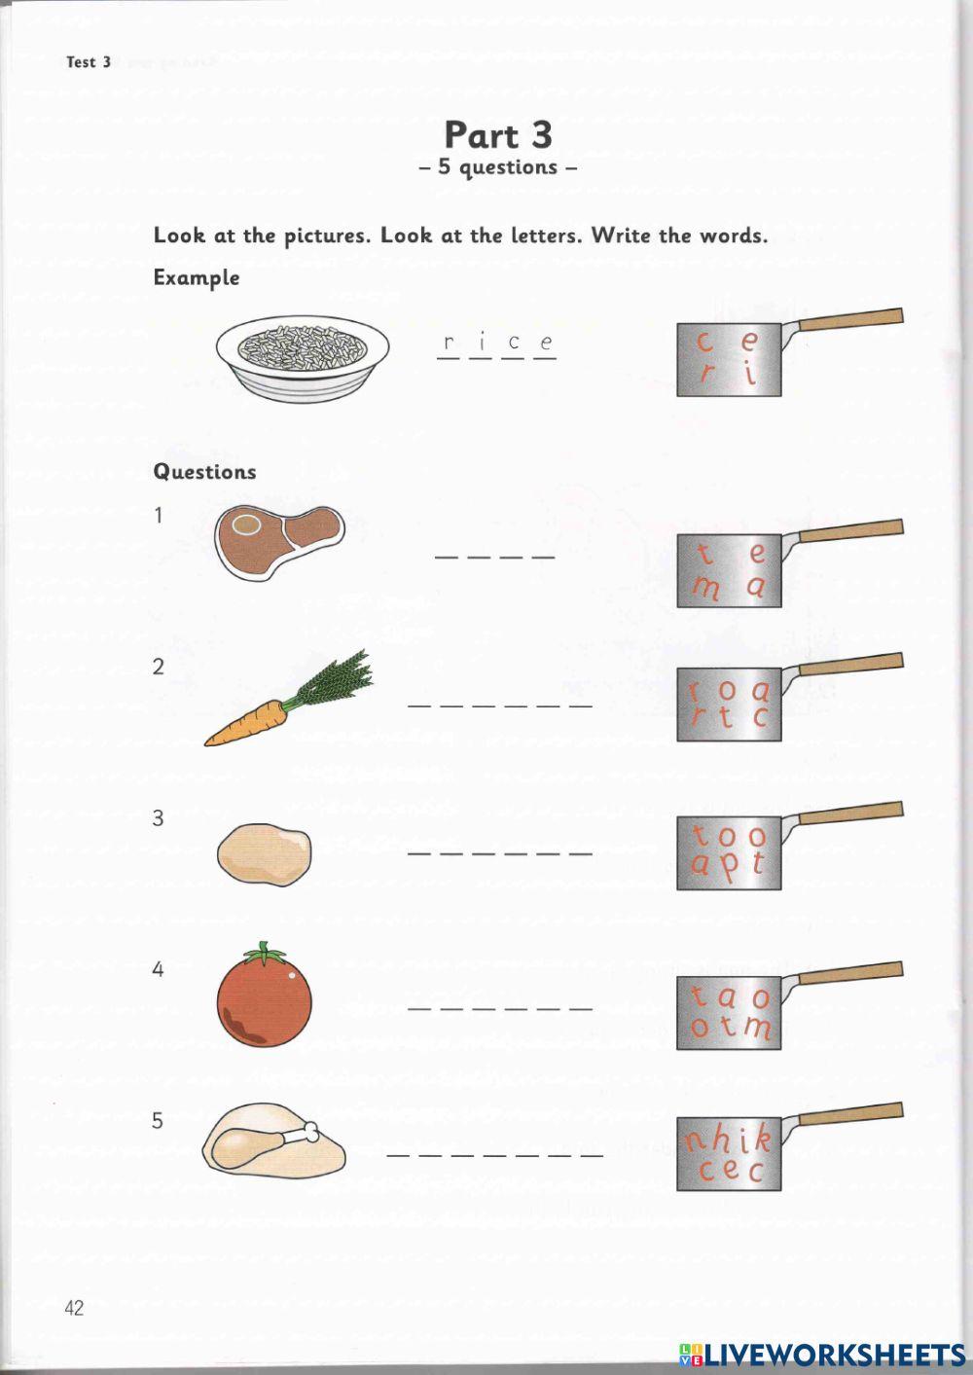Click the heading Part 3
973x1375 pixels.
pos(497,134)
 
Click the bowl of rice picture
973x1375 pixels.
pos(303,356)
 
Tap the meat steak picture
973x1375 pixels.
pos(279,541)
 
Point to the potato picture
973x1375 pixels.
pos(265,853)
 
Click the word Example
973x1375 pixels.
pos(196,277)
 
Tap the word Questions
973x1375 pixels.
pos(204,472)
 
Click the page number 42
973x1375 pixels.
pos(74,1308)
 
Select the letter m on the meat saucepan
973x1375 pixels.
pos(705,588)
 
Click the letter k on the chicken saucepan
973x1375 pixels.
pos(761,1138)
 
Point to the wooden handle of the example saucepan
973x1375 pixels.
pos(848,319)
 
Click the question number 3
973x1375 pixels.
pos(158,818)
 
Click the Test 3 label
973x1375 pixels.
pos(89,62)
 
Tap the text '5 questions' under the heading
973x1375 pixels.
pos(497,167)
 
